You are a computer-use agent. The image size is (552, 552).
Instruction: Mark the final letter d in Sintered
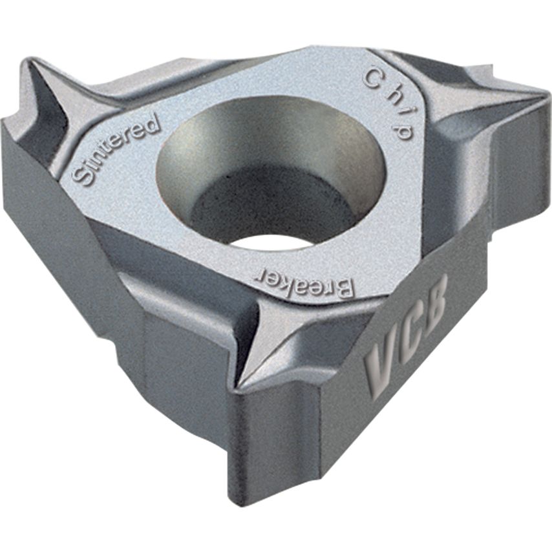point(151,123)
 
